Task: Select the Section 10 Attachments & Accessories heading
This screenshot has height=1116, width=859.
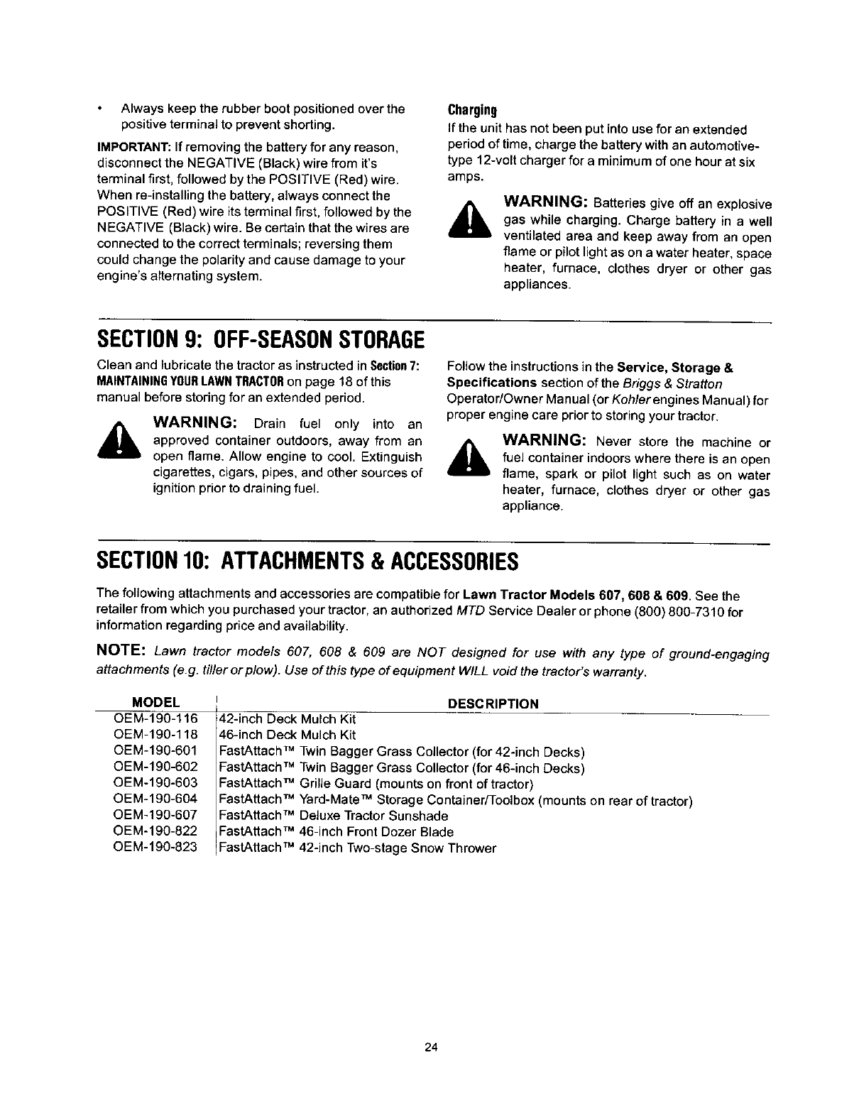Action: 307,562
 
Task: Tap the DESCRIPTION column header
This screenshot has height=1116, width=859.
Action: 493,704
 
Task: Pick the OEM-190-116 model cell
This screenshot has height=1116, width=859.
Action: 155,719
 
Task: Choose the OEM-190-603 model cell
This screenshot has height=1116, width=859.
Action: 155,784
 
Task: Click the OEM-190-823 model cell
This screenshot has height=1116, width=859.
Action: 155,848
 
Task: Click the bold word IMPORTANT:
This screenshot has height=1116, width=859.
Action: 127,148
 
